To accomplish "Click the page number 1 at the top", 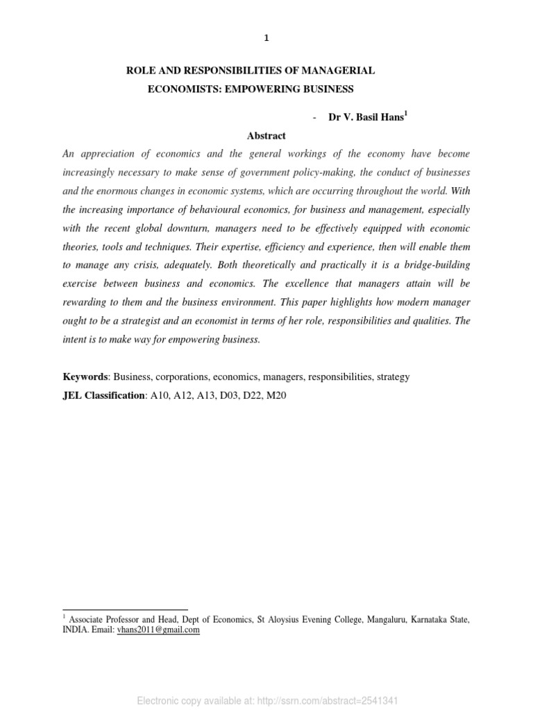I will point(266,39).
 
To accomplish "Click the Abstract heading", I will point(266,136).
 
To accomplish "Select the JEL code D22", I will point(247,395).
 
